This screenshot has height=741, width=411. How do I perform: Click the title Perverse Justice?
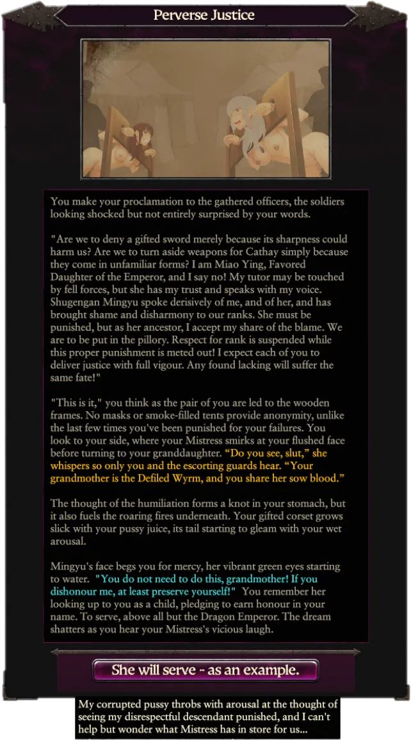coord(204,15)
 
